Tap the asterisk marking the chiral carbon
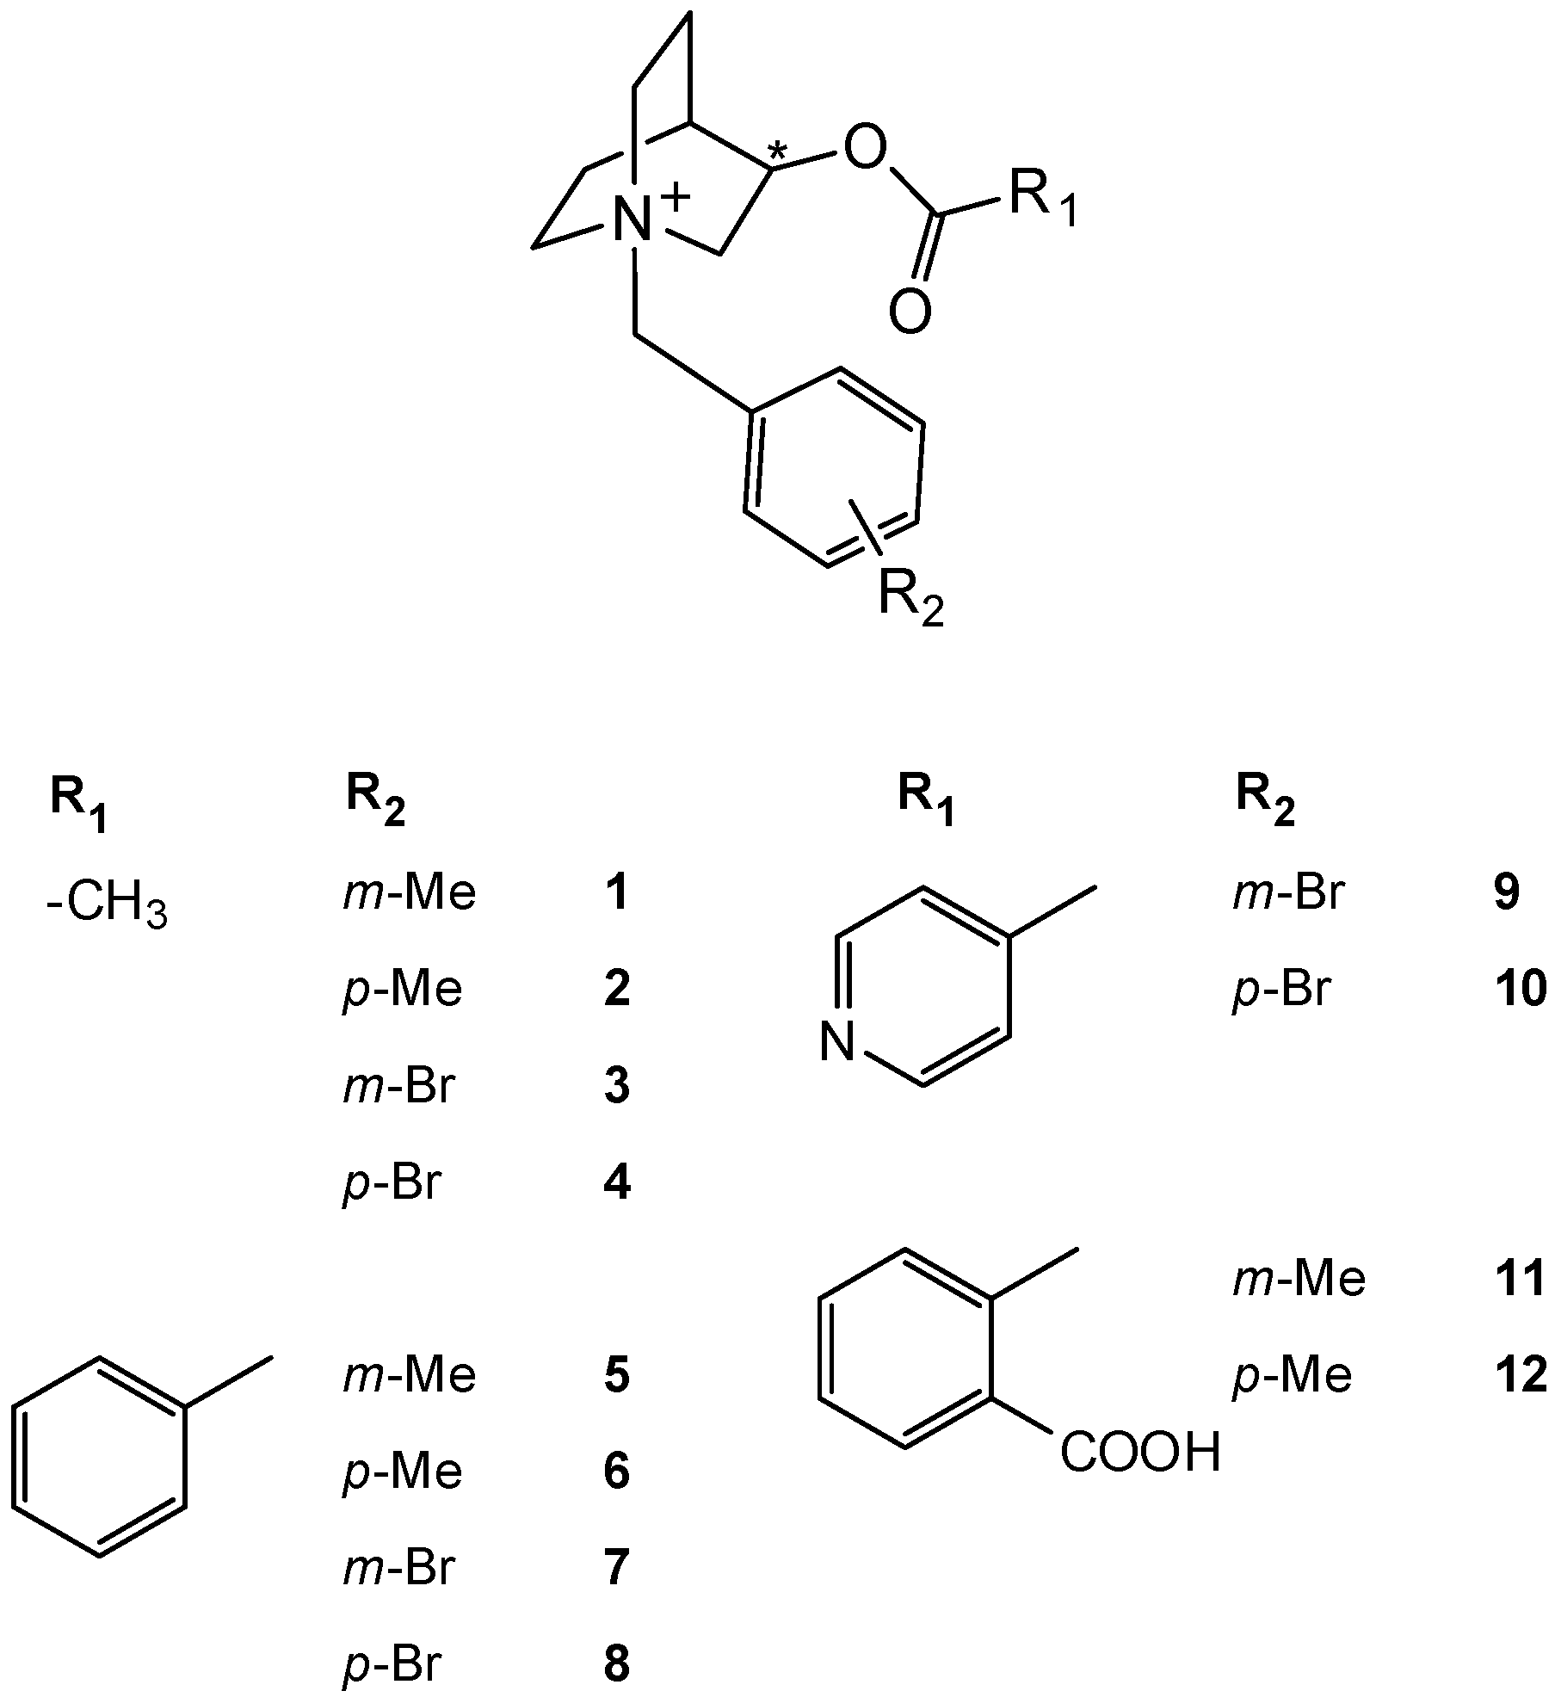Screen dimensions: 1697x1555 776,152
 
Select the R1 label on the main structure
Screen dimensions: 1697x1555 1041,200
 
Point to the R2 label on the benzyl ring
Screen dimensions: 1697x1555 910,596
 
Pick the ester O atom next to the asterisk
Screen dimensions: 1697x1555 865,147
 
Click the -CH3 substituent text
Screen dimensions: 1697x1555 108,908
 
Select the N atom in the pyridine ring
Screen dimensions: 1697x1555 836,1044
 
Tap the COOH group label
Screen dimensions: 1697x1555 1139,1453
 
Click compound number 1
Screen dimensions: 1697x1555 617,894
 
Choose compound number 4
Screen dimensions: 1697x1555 617,1183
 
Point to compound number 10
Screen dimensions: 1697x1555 1521,990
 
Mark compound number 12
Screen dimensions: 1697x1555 1521,1375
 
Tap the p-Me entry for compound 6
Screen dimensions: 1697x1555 402,1472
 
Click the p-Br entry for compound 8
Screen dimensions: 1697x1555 392,1664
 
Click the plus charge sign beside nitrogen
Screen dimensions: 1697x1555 676,197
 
